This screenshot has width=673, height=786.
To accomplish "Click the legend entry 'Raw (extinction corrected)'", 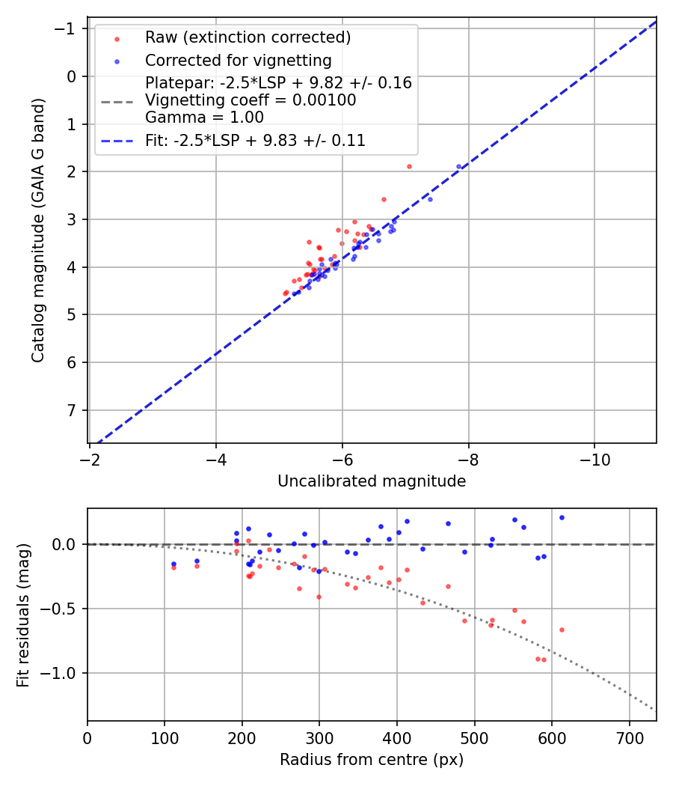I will point(248,37).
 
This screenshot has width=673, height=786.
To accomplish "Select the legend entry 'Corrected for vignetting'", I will point(238,60).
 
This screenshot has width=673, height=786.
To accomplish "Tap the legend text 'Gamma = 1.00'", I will point(204,117).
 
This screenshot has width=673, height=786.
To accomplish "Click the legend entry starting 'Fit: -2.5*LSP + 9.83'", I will point(255,140).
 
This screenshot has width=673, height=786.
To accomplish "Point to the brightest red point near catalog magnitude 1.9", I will point(409,166).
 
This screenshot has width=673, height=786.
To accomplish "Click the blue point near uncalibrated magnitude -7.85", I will point(459,166).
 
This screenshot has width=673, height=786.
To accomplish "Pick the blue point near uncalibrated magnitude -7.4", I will point(430,199).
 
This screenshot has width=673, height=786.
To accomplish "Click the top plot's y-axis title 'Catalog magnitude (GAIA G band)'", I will point(38,230).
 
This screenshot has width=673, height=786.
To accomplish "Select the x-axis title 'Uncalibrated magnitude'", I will point(372,481).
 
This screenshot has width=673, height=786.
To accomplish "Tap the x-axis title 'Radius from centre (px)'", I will point(372,760).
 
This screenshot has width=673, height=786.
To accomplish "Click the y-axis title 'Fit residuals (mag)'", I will point(23,615).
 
